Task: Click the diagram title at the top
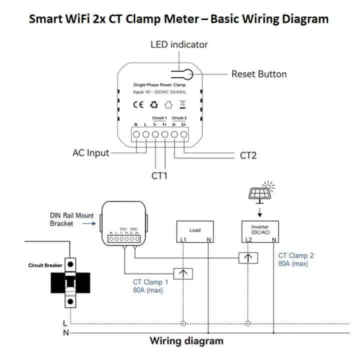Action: click(178, 19)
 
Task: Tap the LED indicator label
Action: click(179, 44)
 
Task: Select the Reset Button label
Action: click(258, 74)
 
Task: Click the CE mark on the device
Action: click(138, 104)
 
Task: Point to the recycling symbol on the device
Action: click(154, 104)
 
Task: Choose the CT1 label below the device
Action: click(159, 175)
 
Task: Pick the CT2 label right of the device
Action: click(248, 155)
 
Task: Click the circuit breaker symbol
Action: click(71, 282)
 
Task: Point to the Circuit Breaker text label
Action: click(45, 265)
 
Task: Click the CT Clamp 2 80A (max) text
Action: click(296, 259)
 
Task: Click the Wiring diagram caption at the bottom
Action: click(186, 341)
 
